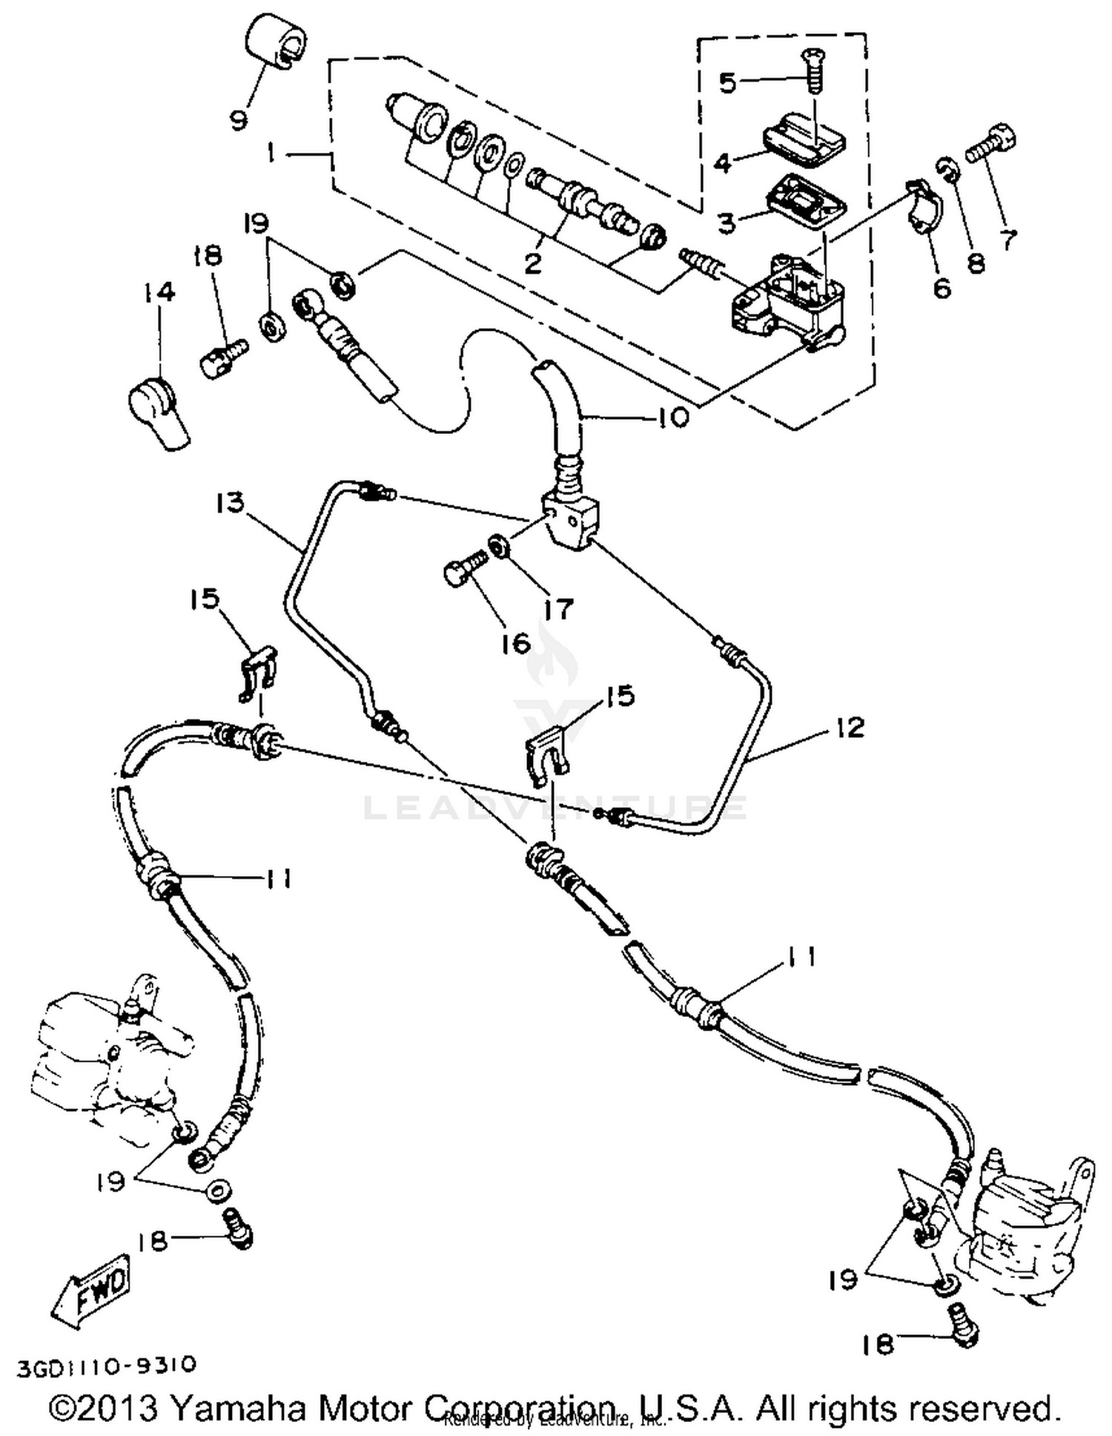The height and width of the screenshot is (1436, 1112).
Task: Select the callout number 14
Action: click(x=159, y=292)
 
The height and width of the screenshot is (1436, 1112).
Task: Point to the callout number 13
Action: click(x=230, y=502)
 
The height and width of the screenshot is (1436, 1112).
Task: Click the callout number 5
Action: click(x=728, y=82)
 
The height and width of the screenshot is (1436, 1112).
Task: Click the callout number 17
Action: click(x=558, y=609)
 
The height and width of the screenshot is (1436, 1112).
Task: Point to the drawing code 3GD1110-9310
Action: click(x=107, y=1366)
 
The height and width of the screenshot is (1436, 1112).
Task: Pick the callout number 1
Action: click(x=271, y=153)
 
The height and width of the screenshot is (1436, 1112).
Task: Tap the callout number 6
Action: click(x=941, y=288)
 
